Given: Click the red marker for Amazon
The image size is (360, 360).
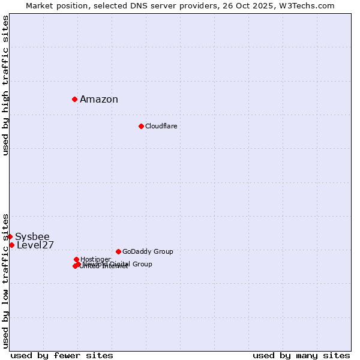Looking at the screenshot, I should click(x=74, y=99).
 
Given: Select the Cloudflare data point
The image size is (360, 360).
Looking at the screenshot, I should click(x=141, y=126).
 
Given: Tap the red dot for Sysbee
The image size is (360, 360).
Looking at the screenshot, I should click(x=10, y=236).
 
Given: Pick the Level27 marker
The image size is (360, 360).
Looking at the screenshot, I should click(x=11, y=245).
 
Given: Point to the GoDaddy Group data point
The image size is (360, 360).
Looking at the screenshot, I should click(x=118, y=251).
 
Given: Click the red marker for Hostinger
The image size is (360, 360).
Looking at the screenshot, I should click(x=76, y=259).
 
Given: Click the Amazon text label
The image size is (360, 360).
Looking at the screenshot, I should click(x=99, y=100).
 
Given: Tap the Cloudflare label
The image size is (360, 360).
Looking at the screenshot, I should click(x=161, y=126).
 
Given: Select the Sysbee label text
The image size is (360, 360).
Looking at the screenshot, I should click(x=32, y=236).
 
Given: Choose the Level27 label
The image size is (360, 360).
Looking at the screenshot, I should click(x=35, y=245).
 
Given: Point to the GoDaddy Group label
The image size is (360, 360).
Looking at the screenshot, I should click(x=148, y=251).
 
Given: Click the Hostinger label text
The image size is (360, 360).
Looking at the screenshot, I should click(x=95, y=259).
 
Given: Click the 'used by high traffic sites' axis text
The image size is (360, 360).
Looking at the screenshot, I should click(x=5, y=85).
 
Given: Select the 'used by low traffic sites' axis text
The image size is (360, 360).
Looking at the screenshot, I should click(x=5, y=280).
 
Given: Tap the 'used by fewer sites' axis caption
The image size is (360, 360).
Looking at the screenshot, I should click(x=62, y=355).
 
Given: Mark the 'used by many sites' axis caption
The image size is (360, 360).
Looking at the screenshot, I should click(x=301, y=355).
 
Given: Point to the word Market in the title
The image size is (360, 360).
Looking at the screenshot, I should click(x=40, y=5).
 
